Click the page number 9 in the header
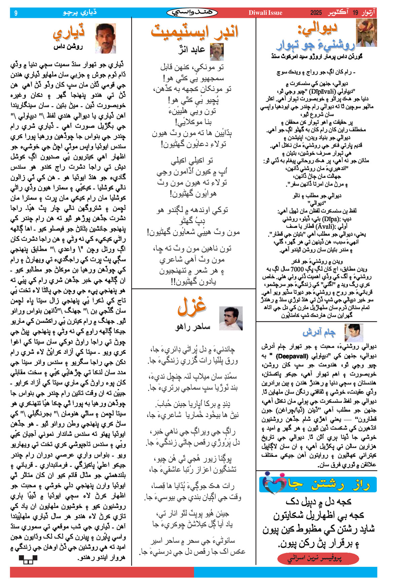point(16,13)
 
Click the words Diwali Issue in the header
point(265,13)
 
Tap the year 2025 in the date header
point(316,13)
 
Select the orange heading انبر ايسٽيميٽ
point(194,31)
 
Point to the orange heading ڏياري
point(69,33)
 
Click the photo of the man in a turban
point(366,32)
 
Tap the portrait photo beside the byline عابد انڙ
point(217,51)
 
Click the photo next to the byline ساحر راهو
point(231,318)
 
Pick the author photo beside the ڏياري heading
point(106,38)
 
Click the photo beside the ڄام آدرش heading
point(354,333)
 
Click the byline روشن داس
point(68,47)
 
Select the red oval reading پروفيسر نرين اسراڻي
point(318,558)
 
